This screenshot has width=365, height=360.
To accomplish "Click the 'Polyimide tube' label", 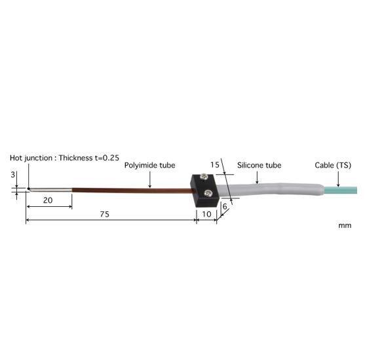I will (149, 166).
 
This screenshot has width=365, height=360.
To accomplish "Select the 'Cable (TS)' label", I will (332, 166).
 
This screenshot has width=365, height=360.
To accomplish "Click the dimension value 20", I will (48, 201).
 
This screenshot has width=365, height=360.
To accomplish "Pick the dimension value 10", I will (206, 213).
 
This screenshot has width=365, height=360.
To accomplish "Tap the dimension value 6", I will (225, 206).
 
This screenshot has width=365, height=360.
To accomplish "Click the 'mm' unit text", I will (345, 225).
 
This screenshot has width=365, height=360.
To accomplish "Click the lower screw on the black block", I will (208, 192).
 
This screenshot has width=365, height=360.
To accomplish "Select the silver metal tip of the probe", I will (50, 190).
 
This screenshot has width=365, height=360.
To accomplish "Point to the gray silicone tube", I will (269, 190).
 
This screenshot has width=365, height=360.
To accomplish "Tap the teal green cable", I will (341, 190).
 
